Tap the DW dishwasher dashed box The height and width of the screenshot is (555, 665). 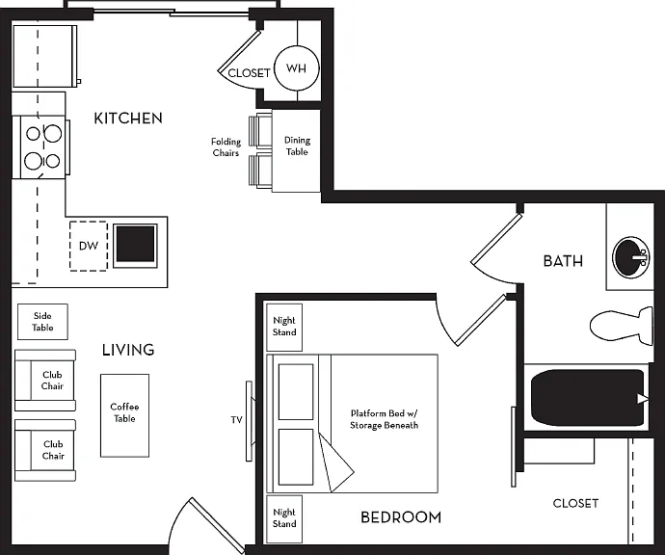[89, 246]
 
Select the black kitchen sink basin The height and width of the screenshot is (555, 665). [135, 245]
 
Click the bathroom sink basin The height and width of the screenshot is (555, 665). [630, 257]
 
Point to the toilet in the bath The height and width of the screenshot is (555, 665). [622, 326]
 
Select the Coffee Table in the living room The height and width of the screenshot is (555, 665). [124, 415]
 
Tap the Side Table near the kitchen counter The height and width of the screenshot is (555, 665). [42, 322]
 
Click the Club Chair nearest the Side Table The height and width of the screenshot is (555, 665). [45, 381]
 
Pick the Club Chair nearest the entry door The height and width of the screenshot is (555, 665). [45, 450]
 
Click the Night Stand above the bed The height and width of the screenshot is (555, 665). [284, 327]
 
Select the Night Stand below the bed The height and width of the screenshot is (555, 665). [284, 518]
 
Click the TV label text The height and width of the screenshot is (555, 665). [237, 420]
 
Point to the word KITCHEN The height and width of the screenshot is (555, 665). [128, 119]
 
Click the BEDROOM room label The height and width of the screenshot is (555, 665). [401, 517]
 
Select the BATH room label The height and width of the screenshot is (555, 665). [563, 261]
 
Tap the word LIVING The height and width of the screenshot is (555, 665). [128, 350]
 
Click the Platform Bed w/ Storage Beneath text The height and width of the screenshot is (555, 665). [385, 419]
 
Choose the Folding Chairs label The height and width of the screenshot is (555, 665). [226, 147]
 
